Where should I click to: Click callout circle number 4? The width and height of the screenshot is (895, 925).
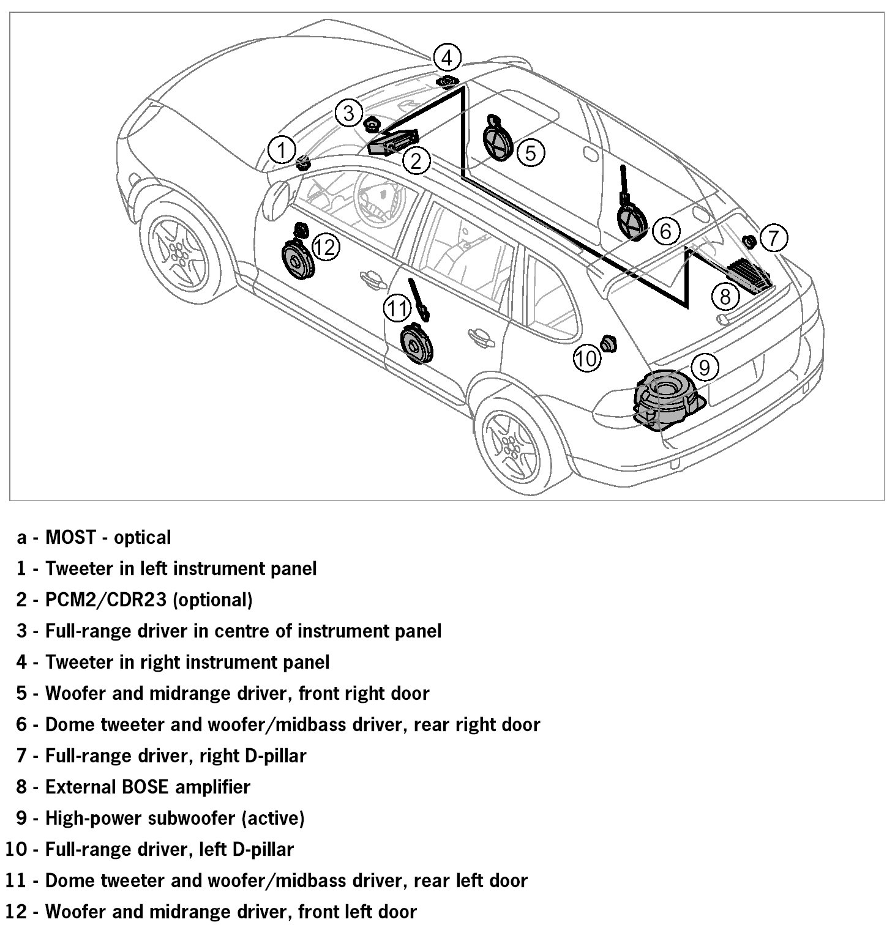tap(447, 58)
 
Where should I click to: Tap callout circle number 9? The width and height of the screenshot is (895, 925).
tap(704, 367)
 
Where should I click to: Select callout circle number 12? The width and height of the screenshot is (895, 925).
tap(325, 247)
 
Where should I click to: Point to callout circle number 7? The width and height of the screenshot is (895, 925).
tap(774, 237)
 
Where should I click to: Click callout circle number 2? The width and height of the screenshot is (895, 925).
tap(416, 160)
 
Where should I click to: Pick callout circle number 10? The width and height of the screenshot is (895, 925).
tap(586, 358)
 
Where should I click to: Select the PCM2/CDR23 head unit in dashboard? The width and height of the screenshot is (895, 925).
tap(392, 142)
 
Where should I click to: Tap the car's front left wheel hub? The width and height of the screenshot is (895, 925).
tap(178, 250)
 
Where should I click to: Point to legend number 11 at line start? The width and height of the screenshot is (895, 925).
tap(16, 880)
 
